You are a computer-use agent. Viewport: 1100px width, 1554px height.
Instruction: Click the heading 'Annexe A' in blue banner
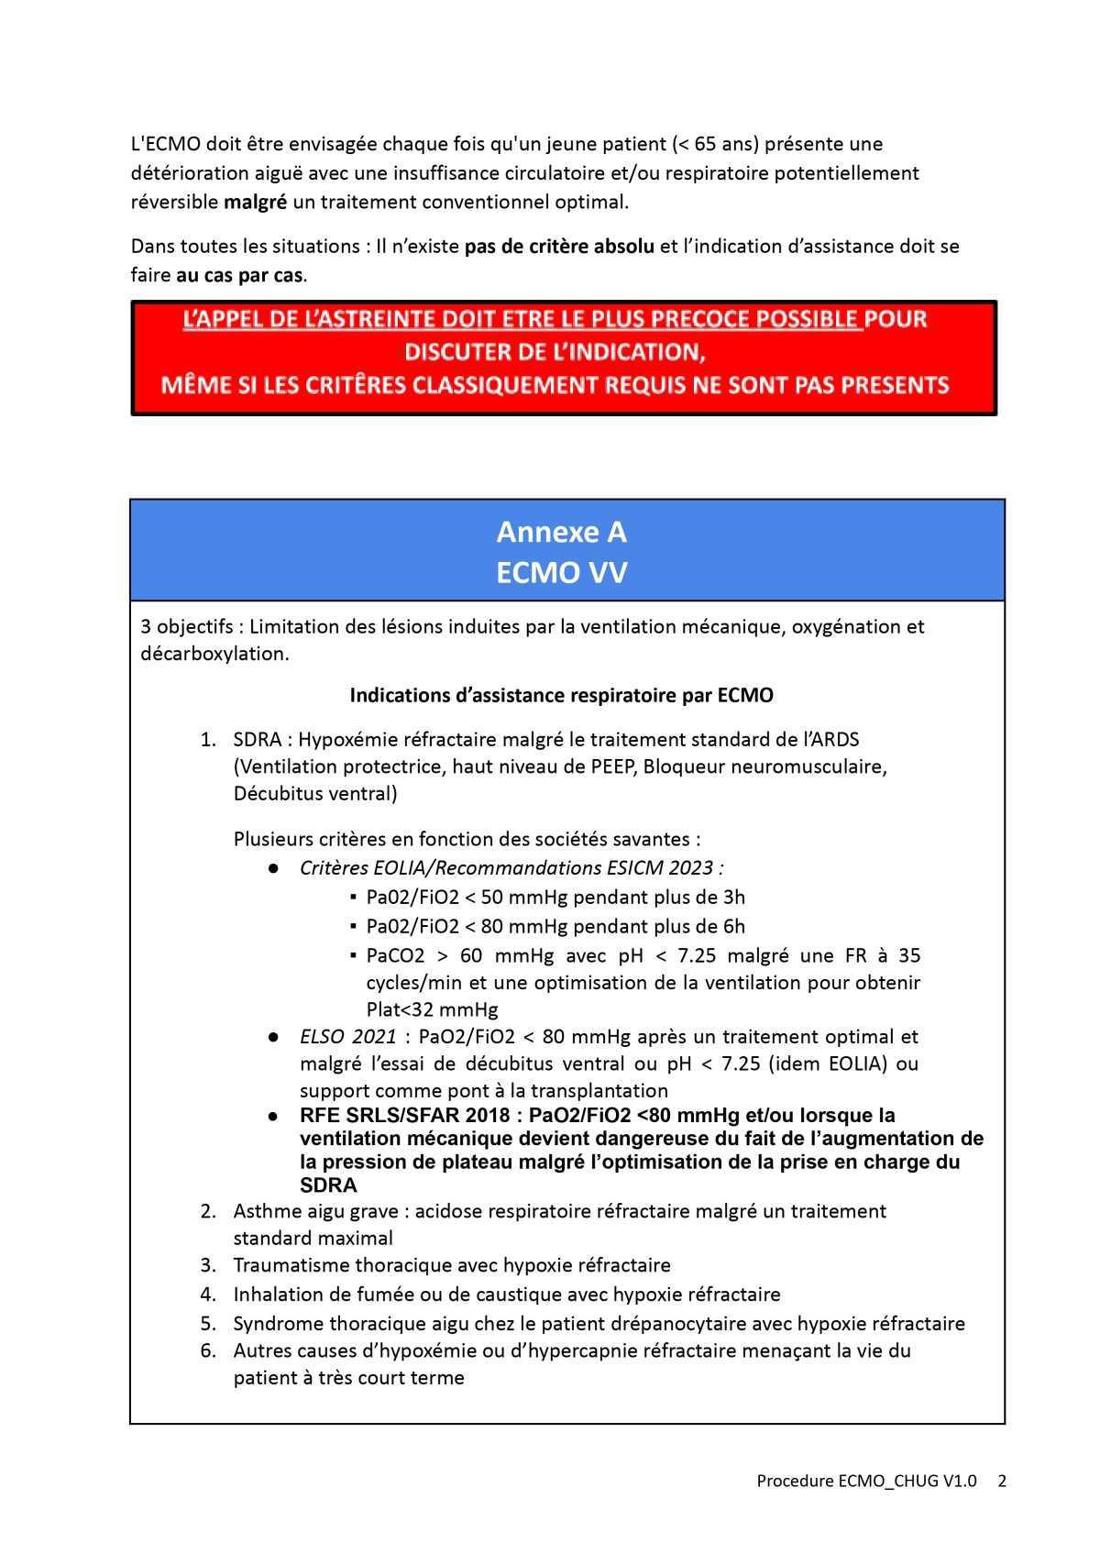tap(561, 532)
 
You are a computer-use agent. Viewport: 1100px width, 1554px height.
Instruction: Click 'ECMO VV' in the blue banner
tap(561, 573)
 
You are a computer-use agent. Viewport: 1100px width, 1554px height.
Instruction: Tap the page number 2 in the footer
tap(1002, 1481)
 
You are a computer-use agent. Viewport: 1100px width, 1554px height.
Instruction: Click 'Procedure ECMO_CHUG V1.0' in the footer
tap(866, 1481)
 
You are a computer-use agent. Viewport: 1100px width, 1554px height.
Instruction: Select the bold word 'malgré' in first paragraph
tap(256, 202)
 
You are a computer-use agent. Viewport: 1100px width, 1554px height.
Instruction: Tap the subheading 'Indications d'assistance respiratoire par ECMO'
tap(561, 695)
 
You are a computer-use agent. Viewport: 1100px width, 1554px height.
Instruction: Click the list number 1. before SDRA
tap(208, 740)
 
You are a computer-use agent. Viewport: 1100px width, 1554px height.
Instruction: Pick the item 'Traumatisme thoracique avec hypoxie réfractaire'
tap(451, 1265)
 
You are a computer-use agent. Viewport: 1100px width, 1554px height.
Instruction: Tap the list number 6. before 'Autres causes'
tap(208, 1350)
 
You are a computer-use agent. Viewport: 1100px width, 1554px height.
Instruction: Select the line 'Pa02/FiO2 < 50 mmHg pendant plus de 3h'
tap(555, 898)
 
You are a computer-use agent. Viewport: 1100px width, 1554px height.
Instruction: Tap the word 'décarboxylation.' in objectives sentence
tap(214, 654)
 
